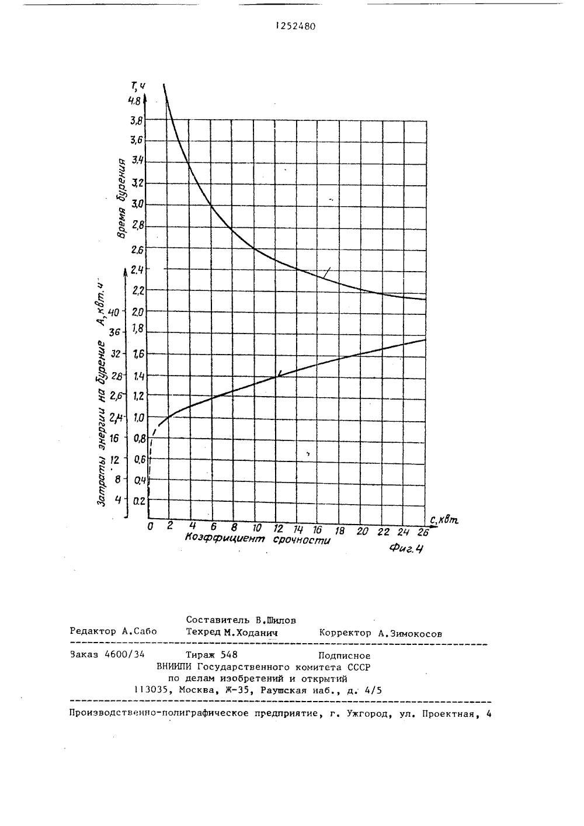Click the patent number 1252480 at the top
coord(296,26)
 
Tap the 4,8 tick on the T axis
coord(134,100)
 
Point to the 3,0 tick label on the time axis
coord(137,203)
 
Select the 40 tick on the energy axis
coord(114,313)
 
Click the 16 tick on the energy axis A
coord(114,438)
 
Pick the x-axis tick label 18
coord(339,530)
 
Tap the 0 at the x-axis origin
coord(150,526)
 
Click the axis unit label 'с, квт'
coord(444,519)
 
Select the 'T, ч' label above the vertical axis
coord(138,86)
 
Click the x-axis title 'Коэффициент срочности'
coord(258,539)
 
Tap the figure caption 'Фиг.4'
coord(406,549)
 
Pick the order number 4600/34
coord(124,654)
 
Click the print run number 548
coord(229,654)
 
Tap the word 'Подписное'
coord(345,655)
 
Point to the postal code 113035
coord(152,690)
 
